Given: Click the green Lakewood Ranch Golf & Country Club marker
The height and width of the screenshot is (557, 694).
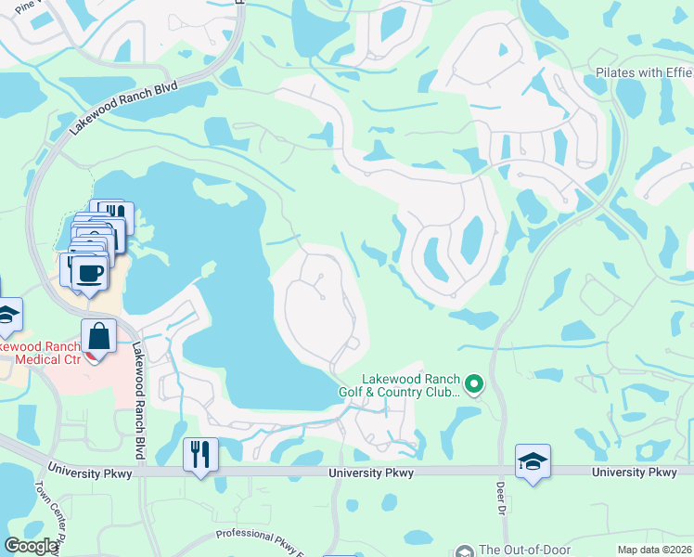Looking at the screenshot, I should pyautogui.click(x=474, y=383).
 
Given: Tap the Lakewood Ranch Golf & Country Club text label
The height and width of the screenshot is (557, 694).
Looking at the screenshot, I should pyautogui.click(x=411, y=385).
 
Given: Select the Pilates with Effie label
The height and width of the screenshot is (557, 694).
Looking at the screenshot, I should pyautogui.click(x=644, y=72).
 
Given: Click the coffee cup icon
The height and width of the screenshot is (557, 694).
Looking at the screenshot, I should pyautogui.click(x=89, y=272).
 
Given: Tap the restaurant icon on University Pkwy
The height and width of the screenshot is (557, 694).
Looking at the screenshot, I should pyautogui.click(x=200, y=454).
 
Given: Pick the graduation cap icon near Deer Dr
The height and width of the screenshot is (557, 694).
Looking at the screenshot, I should pyautogui.click(x=533, y=460).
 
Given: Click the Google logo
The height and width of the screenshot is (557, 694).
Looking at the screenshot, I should pyautogui.click(x=31, y=546).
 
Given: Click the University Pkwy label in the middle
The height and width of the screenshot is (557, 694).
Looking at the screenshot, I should pyautogui.click(x=371, y=473).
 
